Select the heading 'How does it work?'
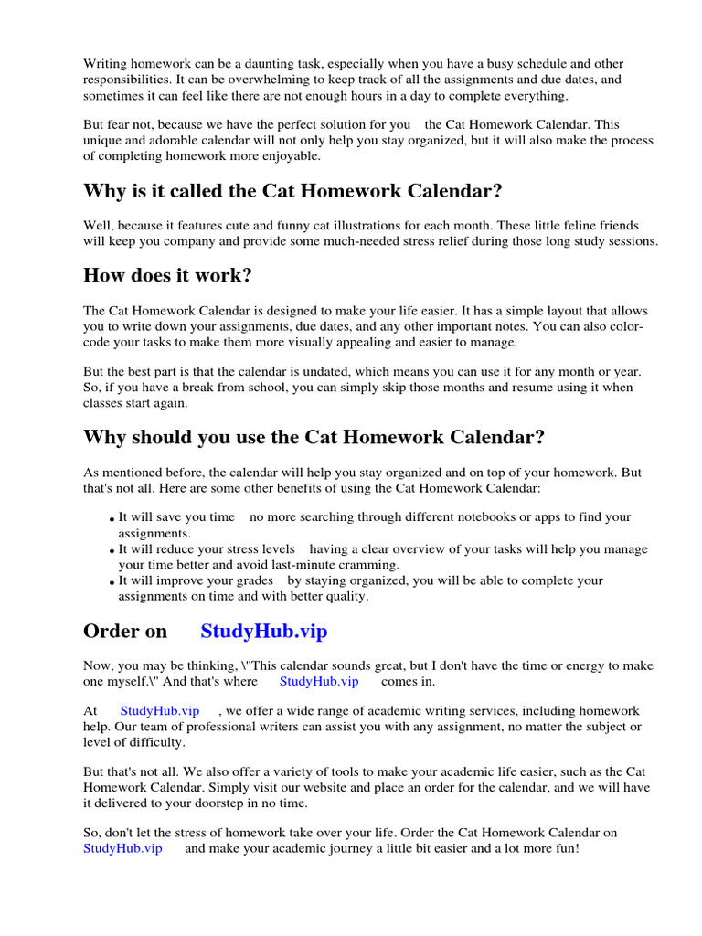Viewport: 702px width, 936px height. (167, 276)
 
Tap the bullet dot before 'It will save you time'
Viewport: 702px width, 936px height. (113, 520)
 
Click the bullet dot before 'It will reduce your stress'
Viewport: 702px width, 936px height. (113, 552)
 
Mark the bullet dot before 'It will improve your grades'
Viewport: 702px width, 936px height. (113, 583)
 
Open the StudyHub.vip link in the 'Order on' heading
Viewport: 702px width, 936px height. (263, 632)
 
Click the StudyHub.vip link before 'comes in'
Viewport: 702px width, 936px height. (319, 681)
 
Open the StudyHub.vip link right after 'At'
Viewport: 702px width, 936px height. (159, 710)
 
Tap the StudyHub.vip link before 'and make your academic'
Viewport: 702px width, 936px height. (122, 848)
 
